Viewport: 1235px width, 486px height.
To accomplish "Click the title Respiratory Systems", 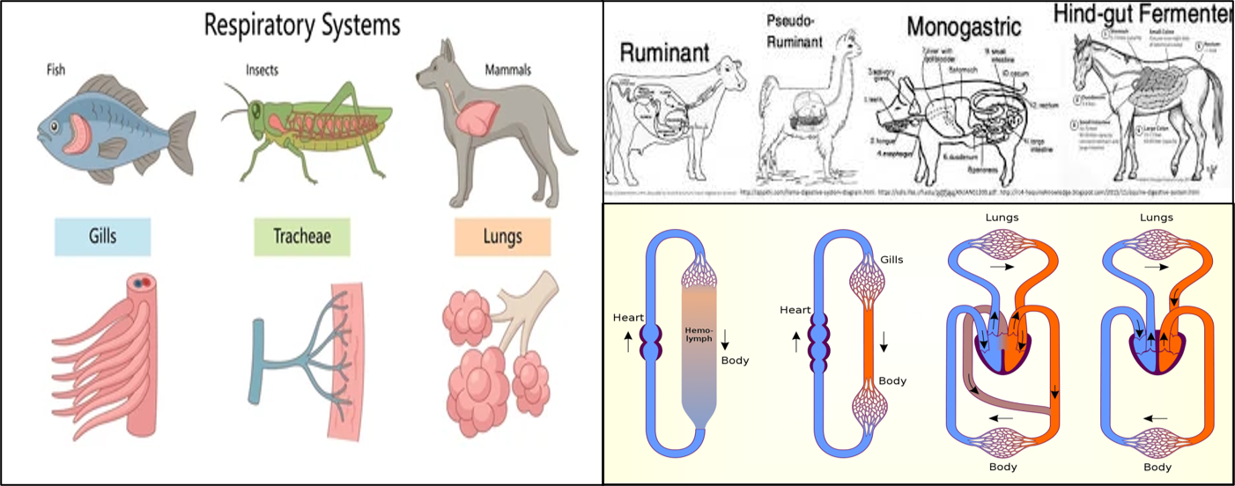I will (301, 25).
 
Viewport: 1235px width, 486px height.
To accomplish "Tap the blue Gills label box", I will (102, 237).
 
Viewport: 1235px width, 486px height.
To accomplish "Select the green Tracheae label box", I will (302, 237).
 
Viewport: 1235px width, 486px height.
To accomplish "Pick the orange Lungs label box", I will (502, 237).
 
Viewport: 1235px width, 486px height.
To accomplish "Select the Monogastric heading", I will (964, 26).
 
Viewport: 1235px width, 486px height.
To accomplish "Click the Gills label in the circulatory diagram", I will (891, 260).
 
